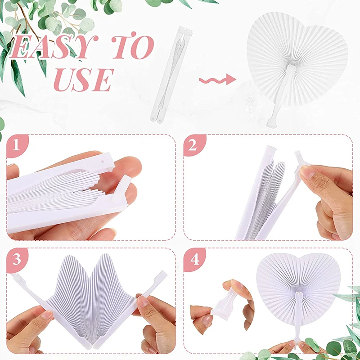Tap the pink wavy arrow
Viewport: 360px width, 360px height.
(x=217, y=80)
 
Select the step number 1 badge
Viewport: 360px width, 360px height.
(x=17, y=146)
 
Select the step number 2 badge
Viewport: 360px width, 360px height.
(x=194, y=146)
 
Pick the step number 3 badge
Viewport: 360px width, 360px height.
(x=17, y=259)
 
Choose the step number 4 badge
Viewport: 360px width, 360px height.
(x=194, y=259)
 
